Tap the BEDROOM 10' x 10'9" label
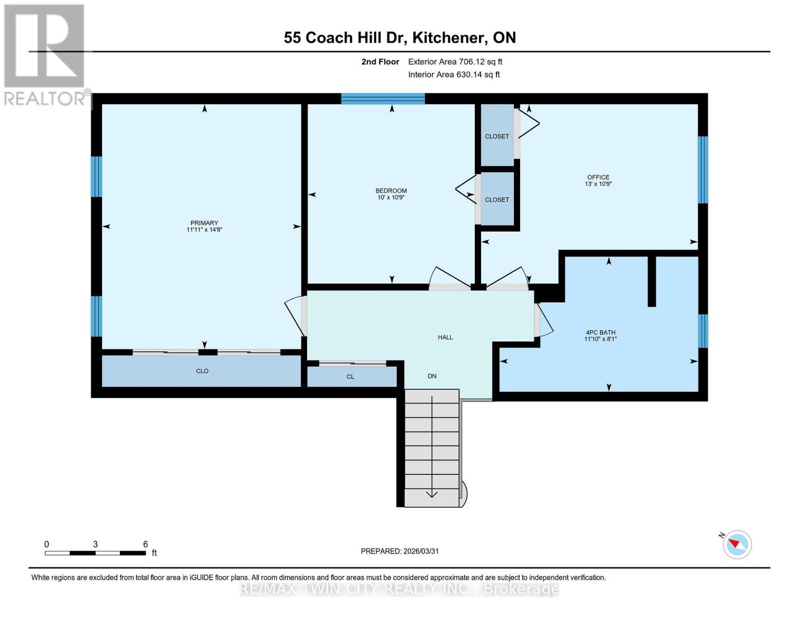[391, 194]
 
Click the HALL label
[445, 337]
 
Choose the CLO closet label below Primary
[202, 371]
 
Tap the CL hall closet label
[350, 377]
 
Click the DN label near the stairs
[432, 376]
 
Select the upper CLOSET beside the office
[497, 136]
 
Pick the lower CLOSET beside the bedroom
[497, 200]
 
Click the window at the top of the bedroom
[383, 99]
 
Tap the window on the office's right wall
[703, 169]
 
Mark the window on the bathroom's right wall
[703, 331]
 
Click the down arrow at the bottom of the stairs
[432, 493]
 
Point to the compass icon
[737, 544]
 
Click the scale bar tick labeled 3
[95, 545]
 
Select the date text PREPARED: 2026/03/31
[400, 551]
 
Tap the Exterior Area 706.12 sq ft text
[455, 62]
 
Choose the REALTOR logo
[45, 54]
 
